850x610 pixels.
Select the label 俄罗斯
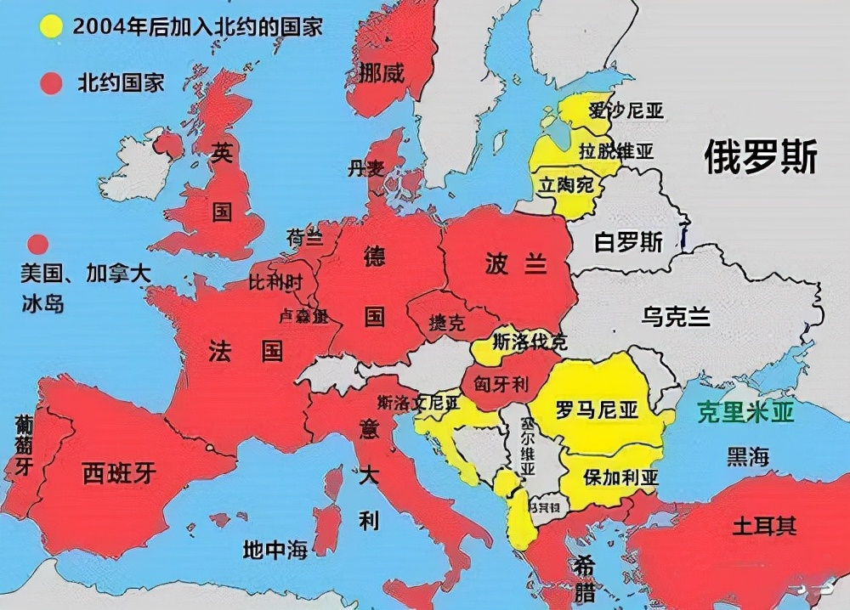761,157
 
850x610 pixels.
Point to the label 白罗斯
628,242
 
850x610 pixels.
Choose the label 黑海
747,456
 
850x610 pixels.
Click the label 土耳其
764,526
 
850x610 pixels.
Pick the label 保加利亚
620,477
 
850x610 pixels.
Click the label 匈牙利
501,385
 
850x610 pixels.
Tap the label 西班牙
119,472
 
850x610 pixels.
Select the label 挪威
381,73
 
